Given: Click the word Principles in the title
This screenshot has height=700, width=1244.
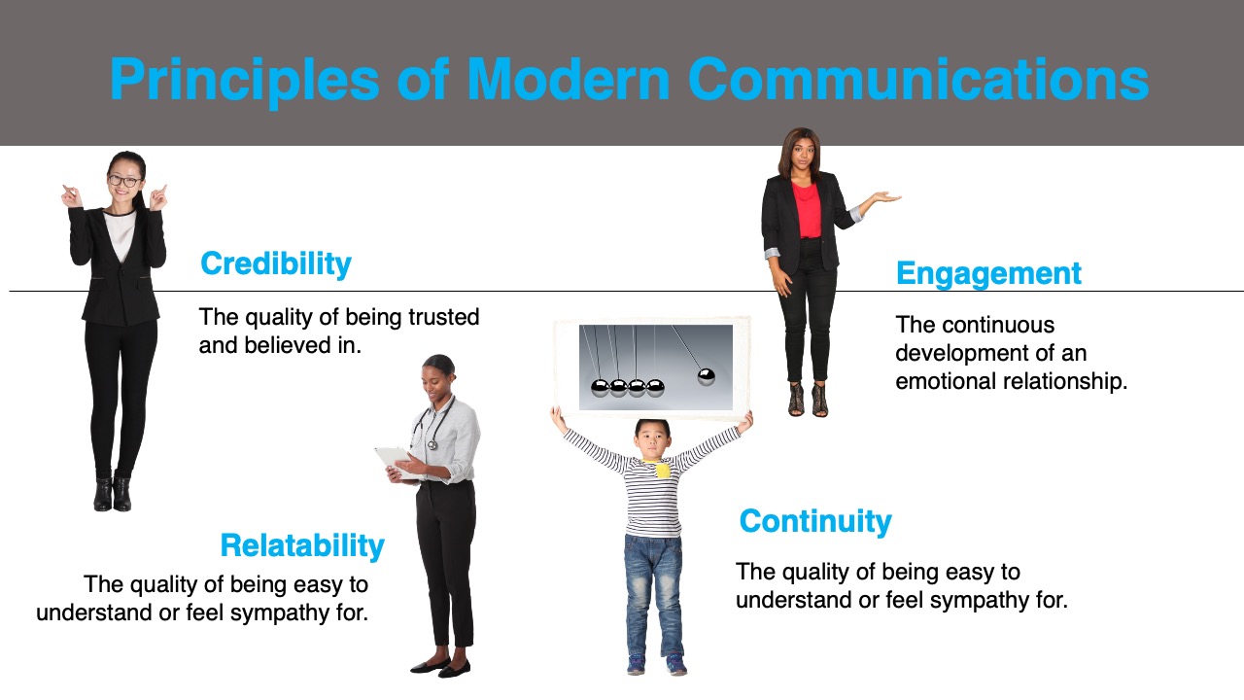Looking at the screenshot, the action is point(245,80).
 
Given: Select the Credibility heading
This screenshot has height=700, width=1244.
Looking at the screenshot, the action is point(276,263).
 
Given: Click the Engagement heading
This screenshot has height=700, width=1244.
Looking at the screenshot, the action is point(988,274).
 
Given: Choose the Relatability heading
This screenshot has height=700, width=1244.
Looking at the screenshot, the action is point(302,545).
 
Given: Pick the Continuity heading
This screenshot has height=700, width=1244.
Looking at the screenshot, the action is point(815,521).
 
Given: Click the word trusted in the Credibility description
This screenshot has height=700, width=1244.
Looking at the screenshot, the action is point(444,317).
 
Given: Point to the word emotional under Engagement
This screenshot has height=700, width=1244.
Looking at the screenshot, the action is point(942,381).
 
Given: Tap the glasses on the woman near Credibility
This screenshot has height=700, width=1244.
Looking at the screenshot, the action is point(124,181).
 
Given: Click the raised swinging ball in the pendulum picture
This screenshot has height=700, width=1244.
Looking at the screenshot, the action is point(706,376).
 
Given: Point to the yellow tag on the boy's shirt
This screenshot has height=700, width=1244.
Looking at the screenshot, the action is point(662,470).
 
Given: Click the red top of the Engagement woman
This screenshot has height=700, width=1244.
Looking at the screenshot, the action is point(807,209).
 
